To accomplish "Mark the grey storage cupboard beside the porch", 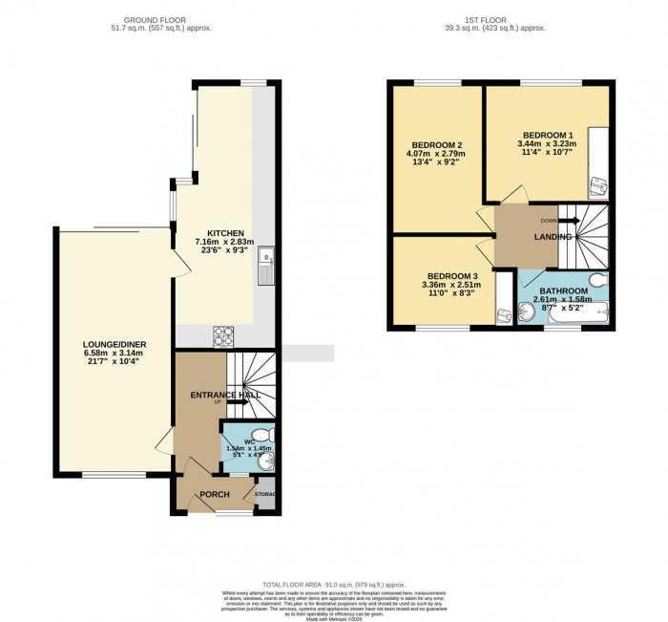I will click(265, 494).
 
